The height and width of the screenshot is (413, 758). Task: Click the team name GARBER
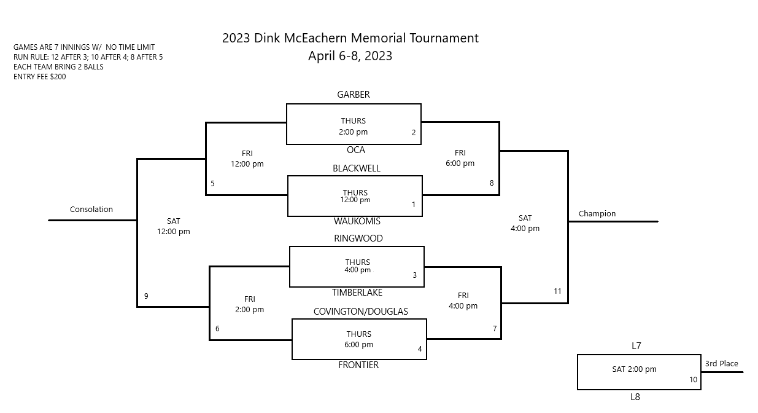pyautogui.click(x=353, y=95)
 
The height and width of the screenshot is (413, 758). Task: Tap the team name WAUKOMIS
pyautogui.click(x=357, y=221)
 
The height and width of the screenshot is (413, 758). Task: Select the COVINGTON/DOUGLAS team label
pyautogui.click(x=360, y=312)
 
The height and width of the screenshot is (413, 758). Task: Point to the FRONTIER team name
pyautogui.click(x=358, y=365)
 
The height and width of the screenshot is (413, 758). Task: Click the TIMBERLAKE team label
pyautogui.click(x=357, y=293)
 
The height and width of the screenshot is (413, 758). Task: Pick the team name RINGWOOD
pyautogui.click(x=358, y=238)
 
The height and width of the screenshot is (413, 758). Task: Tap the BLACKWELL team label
pyautogui.click(x=357, y=168)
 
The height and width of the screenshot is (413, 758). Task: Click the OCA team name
pyautogui.click(x=355, y=150)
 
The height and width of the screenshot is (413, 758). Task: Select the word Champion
pyautogui.click(x=597, y=214)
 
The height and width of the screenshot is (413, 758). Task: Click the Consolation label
pyautogui.click(x=91, y=209)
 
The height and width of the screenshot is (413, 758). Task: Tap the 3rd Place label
pyautogui.click(x=721, y=364)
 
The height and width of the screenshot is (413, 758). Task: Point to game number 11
pyautogui.click(x=557, y=291)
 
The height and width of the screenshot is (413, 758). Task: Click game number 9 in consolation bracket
pyautogui.click(x=146, y=296)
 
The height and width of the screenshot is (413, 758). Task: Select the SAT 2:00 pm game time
pyautogui.click(x=634, y=369)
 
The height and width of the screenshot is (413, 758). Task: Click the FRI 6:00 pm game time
pyautogui.click(x=460, y=158)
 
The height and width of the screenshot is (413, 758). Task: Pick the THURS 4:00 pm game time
pyautogui.click(x=357, y=266)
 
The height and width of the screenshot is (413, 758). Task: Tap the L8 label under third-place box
pyautogui.click(x=635, y=397)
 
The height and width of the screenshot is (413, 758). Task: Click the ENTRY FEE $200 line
pyautogui.click(x=40, y=77)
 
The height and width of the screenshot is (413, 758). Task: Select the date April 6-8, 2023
pyautogui.click(x=350, y=56)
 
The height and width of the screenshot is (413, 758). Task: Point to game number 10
pyautogui.click(x=693, y=380)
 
